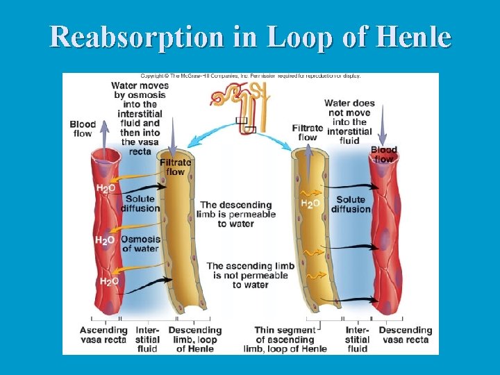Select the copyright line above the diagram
(x=251, y=76)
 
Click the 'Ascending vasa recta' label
(x=103, y=335)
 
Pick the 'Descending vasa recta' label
(x=405, y=335)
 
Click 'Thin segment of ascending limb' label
(x=285, y=339)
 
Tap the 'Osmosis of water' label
(x=140, y=244)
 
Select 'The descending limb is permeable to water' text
(x=237, y=214)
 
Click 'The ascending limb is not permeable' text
(x=247, y=275)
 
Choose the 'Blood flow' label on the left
(x=83, y=129)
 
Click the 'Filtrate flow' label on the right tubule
(x=307, y=133)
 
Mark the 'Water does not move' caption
(x=349, y=122)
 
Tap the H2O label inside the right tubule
(x=310, y=203)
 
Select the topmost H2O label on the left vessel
(x=106, y=188)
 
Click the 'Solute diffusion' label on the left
(x=140, y=203)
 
